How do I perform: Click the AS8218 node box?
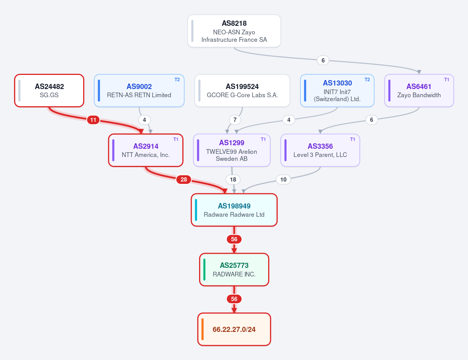click(x=234, y=31)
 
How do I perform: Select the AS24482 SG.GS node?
click(x=49, y=91)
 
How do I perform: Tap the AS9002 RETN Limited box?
click(x=139, y=91)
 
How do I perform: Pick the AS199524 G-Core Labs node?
click(x=242, y=91)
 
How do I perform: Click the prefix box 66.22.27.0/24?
click(x=234, y=329)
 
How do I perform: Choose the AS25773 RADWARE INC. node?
click(x=234, y=269)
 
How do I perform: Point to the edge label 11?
click(x=93, y=120)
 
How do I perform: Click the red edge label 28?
click(x=183, y=179)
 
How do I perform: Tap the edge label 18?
click(x=233, y=179)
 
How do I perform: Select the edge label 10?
click(x=283, y=179)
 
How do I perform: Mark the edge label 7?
click(x=235, y=120)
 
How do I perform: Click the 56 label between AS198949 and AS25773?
click(x=234, y=239)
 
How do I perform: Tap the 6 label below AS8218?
click(x=323, y=60)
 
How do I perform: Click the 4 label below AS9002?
click(x=144, y=120)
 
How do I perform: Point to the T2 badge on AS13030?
click(x=367, y=80)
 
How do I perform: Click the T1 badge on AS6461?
click(x=447, y=80)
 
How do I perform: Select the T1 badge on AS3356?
click(x=352, y=139)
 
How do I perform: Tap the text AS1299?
click(x=231, y=143)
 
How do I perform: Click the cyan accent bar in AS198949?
click(x=196, y=210)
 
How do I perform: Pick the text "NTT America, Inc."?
click(x=146, y=155)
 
